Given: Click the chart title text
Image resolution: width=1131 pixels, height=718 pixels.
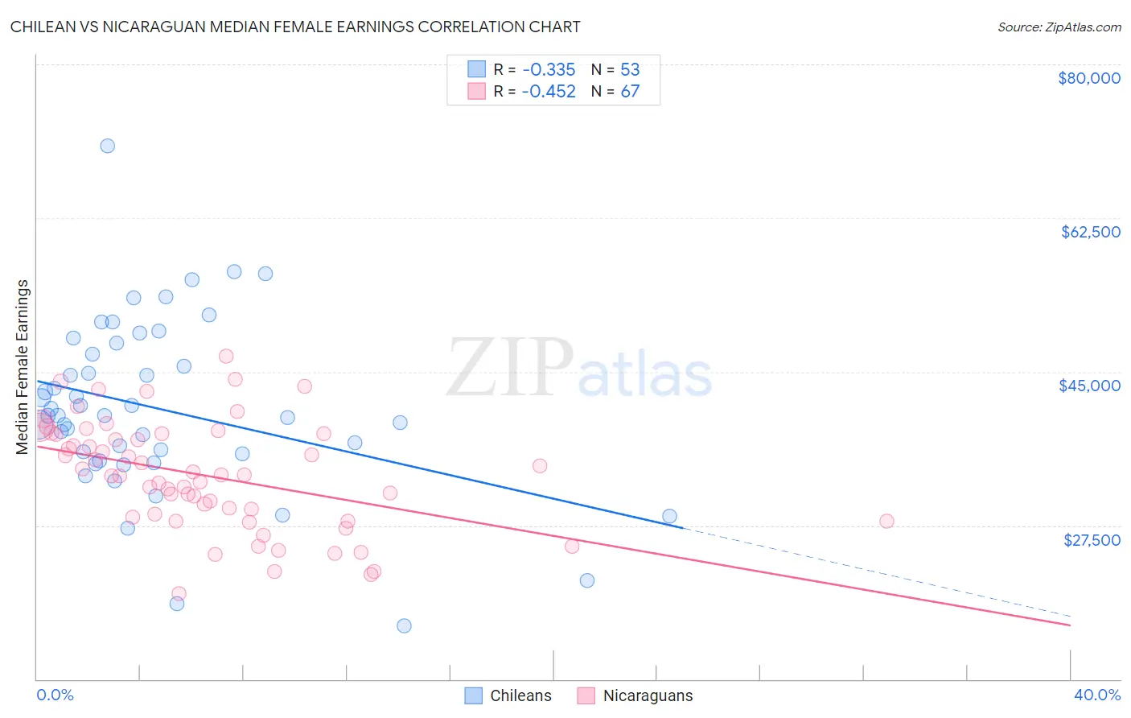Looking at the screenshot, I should coord(295,27).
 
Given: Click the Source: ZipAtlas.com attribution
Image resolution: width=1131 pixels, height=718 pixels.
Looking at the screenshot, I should coord(1059,27).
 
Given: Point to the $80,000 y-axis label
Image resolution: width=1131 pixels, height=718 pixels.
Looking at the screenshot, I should coord(1088,78).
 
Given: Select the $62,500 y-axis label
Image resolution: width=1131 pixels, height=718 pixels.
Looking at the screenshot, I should coord(1090,232).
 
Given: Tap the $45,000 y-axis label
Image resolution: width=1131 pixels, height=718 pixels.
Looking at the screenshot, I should coord(1089,386).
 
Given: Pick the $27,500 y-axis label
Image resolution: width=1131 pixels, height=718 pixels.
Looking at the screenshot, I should coord(1091,540).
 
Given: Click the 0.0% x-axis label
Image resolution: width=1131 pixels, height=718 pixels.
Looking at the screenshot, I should coord(55,695).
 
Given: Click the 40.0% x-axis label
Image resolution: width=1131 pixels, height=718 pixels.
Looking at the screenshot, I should coord(1096,695).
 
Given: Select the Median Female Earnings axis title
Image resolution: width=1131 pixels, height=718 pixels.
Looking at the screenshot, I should coord(23,367).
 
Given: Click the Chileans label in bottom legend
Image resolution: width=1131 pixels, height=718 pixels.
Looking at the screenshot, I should coord(520,695).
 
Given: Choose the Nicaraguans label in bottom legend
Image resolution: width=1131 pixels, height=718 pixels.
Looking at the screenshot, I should coord(648,695).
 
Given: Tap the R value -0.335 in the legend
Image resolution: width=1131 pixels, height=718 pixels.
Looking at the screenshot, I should coord(548,69).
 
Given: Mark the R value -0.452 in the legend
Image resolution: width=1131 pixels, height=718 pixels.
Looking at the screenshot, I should coord(548,91).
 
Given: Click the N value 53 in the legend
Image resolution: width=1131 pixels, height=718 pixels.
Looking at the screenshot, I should coord(630,69).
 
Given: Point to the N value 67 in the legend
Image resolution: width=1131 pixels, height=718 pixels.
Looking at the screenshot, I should coord(630,91).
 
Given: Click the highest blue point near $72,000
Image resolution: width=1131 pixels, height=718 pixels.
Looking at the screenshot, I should coord(107,146).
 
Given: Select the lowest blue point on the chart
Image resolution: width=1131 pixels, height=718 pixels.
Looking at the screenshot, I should coord(404,625).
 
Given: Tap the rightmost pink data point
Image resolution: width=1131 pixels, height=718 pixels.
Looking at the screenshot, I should coord(886,521).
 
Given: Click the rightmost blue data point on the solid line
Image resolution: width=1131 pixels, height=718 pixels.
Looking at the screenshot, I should coord(669,516).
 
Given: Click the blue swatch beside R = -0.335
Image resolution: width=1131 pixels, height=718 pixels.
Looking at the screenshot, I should coord(476,69).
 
